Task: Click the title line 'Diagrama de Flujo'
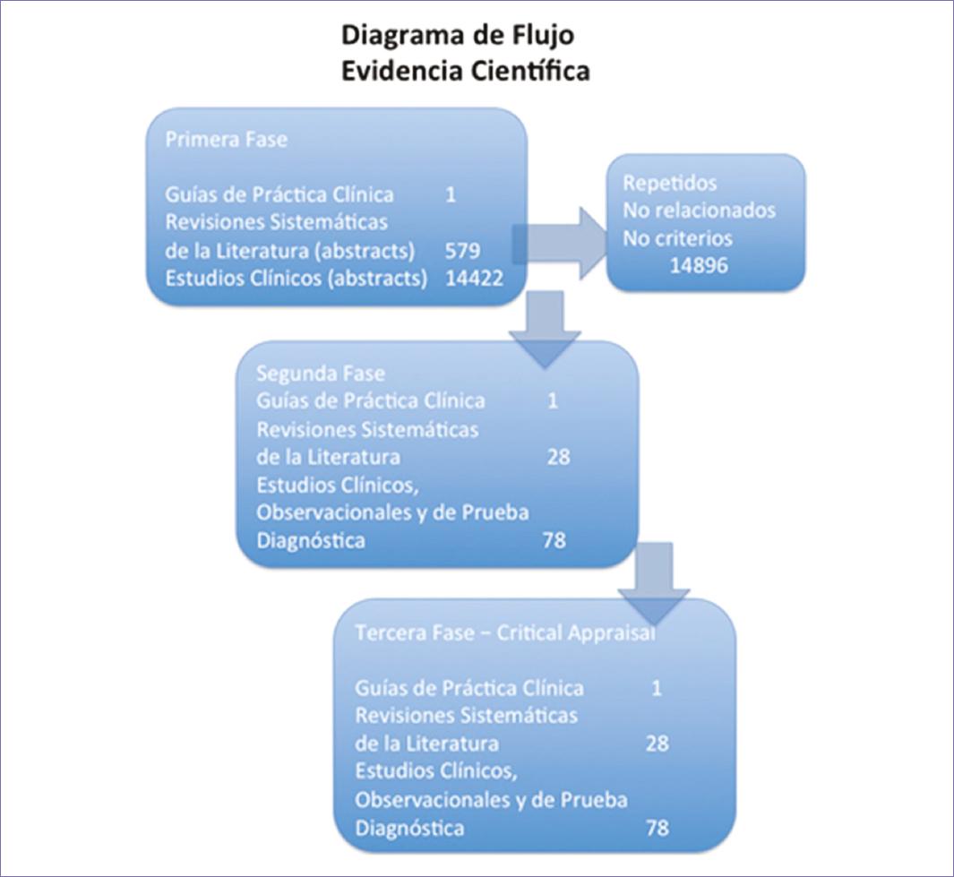coord(458,36)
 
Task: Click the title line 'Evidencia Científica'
coord(466,71)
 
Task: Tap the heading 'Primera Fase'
coord(214,141)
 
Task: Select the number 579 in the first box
coord(462,249)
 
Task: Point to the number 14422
coord(474,278)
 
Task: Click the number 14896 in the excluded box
coord(699,266)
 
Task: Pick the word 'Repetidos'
coord(670,183)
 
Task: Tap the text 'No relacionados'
coord(699,211)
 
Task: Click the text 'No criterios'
coord(677,238)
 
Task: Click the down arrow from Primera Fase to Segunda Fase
coord(545,327)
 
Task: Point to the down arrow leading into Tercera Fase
coord(654,582)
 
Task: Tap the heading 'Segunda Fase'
coord(308,373)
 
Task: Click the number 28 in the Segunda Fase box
coord(557,458)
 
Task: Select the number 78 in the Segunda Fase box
coord(554,541)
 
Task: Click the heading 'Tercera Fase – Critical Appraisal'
coord(505,632)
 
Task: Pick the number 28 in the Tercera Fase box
coord(657,744)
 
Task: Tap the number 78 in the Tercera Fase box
coord(657,828)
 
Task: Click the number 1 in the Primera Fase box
coord(450,193)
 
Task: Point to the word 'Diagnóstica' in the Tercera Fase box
coord(409,828)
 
